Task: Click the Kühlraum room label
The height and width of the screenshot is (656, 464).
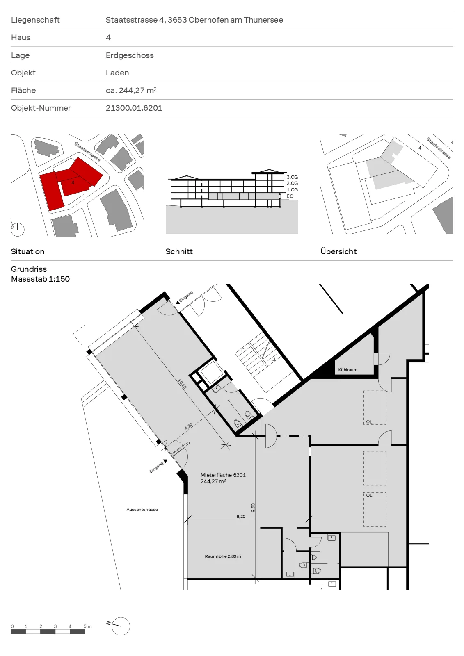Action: click(347, 370)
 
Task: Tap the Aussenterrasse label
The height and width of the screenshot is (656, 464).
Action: click(142, 510)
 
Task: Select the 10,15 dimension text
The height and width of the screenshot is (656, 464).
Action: click(182, 384)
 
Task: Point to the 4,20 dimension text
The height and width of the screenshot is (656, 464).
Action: click(188, 426)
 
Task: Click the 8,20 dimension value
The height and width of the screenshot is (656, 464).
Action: click(241, 516)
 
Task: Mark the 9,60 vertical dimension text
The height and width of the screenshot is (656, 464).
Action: click(253, 508)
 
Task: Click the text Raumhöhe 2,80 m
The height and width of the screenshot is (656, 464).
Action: click(223, 556)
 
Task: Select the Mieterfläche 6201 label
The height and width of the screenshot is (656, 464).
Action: click(223, 475)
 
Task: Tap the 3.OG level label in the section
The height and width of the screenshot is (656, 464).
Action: click(292, 177)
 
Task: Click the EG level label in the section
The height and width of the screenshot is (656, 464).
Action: click(290, 196)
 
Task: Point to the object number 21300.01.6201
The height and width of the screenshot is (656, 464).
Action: click(134, 108)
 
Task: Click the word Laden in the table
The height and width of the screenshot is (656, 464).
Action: click(117, 73)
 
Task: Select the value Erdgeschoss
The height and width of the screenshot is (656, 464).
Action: click(130, 55)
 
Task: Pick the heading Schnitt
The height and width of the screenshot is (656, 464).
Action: click(179, 252)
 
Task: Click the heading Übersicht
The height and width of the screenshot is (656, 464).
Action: click(338, 251)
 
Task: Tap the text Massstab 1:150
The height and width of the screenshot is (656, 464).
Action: click(41, 279)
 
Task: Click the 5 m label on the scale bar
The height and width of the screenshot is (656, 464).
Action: click(88, 626)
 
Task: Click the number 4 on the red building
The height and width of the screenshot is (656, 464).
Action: click(73, 182)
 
